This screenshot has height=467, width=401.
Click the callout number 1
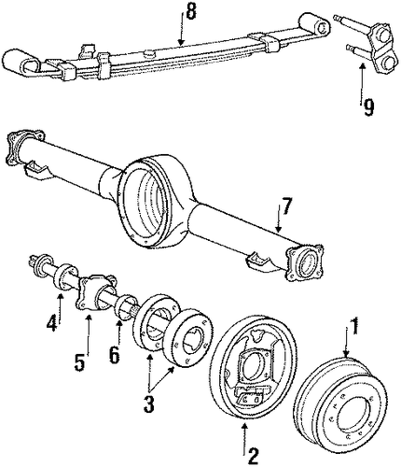353,326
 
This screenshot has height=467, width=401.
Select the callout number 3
149,403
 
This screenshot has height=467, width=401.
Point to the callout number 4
52,322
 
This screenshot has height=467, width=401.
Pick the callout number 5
79,361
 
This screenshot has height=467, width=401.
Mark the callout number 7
285,206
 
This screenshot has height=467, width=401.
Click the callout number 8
190,12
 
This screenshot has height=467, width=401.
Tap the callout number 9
368,107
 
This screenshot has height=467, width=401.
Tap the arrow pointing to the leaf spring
181,29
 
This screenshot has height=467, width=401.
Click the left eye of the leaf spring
21,63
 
